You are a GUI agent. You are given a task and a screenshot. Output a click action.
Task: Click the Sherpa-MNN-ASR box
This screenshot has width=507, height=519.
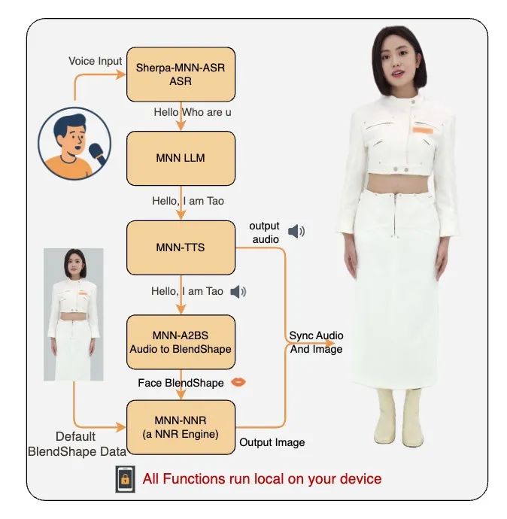tap(181, 74)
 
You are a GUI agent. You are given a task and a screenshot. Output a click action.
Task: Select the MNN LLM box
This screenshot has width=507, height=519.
tap(181, 158)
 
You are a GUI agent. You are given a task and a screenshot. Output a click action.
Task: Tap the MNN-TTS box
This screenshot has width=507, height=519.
tap(181, 247)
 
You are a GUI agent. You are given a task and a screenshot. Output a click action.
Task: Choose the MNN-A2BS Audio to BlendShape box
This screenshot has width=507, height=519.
tap(181, 342)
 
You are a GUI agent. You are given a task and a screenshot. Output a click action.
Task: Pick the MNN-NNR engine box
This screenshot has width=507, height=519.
tap(181, 427)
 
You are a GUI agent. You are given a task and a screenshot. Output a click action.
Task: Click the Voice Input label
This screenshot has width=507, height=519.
tap(96, 61)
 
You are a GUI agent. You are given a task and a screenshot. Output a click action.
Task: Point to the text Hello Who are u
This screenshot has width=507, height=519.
tap(193, 112)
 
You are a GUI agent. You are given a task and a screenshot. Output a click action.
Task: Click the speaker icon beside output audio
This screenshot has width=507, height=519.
tap(296, 231)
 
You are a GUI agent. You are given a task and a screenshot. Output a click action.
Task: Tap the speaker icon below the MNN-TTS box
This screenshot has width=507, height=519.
tap(238, 292)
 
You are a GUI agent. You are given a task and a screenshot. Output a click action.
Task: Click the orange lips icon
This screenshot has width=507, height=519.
tap(238, 382)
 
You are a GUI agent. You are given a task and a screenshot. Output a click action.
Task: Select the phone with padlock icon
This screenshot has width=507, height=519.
tap(125, 479)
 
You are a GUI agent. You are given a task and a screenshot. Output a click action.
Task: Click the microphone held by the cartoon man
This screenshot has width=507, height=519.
tap(98, 154)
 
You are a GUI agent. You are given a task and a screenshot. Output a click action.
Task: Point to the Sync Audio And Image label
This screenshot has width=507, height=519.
tap(317, 342)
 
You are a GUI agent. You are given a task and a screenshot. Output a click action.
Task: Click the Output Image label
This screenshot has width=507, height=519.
tap(272, 442)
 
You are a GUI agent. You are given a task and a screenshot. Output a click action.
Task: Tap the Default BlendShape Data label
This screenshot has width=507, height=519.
tap(77, 444)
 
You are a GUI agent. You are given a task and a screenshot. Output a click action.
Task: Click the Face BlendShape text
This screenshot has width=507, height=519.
tap(181, 383)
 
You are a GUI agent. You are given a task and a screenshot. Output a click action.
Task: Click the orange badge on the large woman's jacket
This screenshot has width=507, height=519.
tap(423, 130)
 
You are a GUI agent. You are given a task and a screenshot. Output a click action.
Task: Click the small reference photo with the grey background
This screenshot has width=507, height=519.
tap(74, 314)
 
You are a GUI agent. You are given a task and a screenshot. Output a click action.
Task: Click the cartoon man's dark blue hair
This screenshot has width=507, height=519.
tap(68, 125)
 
